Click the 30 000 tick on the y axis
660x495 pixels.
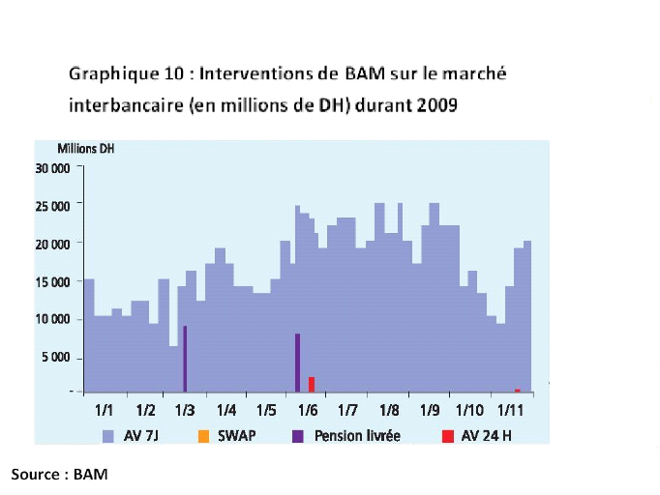pos(54,167)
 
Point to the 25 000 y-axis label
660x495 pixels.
pos(54,206)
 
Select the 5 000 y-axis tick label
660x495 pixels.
pos(57,358)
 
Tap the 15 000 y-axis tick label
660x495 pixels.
pos(54,281)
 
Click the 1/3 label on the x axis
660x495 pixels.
pos(187,410)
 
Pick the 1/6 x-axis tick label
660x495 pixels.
pos(309,410)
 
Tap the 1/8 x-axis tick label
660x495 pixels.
pos(390,410)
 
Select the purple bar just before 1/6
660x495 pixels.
pos(297,363)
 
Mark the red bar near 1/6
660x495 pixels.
pos(311,384)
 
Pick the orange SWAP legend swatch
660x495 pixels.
pos(201,435)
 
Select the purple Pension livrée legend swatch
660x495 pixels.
pos(298,435)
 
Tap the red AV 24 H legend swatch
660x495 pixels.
pos(447,435)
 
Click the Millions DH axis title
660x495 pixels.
pos(86,148)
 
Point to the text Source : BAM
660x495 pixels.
pos(59,475)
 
